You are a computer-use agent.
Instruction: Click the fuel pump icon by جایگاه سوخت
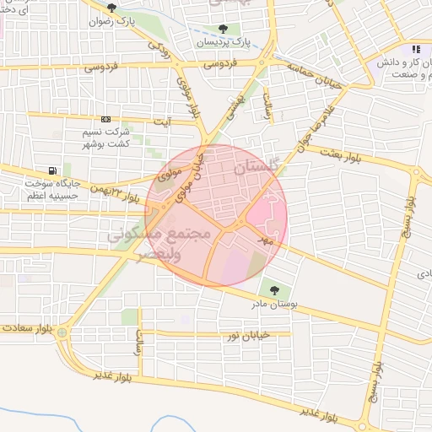(x=55, y=172)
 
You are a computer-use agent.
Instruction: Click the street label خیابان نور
(x=247, y=335)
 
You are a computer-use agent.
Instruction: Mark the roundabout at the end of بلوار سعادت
(x=63, y=333)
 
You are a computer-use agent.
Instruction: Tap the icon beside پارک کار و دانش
(x=417, y=50)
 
